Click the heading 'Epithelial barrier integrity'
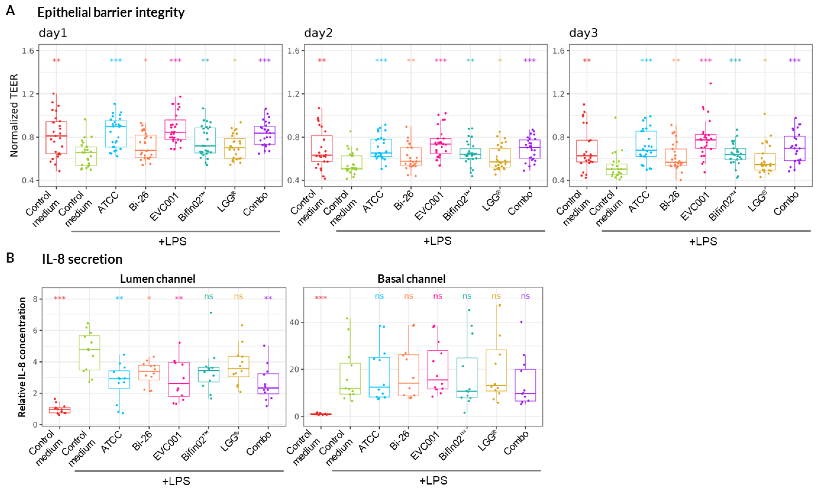(111, 12)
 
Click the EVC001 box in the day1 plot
(175, 130)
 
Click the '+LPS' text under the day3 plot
(703, 241)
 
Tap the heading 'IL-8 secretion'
(82, 259)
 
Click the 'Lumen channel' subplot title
(157, 279)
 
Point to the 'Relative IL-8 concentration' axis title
(22, 357)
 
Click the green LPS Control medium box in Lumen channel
(89, 353)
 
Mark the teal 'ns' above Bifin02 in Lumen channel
(208, 296)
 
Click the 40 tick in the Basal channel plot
(295, 322)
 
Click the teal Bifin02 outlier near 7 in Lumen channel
(211, 313)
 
